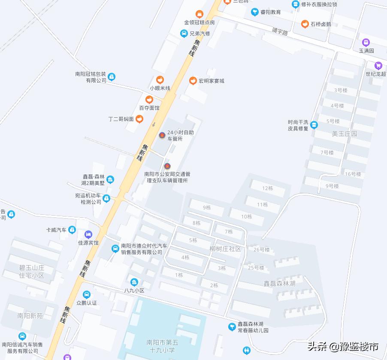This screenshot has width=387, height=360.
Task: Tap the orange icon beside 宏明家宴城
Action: click(x=193, y=81)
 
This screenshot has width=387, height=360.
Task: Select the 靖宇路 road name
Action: click(x=280, y=31)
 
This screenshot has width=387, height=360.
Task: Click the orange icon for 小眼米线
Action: click(x=160, y=79)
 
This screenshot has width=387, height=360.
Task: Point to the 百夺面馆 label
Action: click(x=149, y=108)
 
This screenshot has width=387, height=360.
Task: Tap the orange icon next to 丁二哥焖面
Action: click(x=139, y=119)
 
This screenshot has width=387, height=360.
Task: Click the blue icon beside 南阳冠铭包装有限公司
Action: click(x=112, y=77)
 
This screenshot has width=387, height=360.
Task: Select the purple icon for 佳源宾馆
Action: click(x=88, y=235)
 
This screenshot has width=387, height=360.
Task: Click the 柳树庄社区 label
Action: click(x=225, y=249)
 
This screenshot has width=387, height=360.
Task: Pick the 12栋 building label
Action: click(x=267, y=188)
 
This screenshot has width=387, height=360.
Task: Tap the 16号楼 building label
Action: click(x=353, y=174)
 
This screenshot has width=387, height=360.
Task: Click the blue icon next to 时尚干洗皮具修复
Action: click(x=314, y=125)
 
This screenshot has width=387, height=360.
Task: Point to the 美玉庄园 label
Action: click(x=345, y=134)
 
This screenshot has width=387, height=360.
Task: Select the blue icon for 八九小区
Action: click(x=134, y=282)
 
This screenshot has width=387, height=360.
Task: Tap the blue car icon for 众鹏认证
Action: click(x=87, y=295)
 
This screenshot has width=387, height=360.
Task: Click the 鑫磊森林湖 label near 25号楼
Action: click(x=279, y=284)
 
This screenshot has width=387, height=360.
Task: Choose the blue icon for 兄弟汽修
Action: click(x=184, y=34)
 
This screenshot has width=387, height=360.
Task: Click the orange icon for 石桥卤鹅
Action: click(x=305, y=24)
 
